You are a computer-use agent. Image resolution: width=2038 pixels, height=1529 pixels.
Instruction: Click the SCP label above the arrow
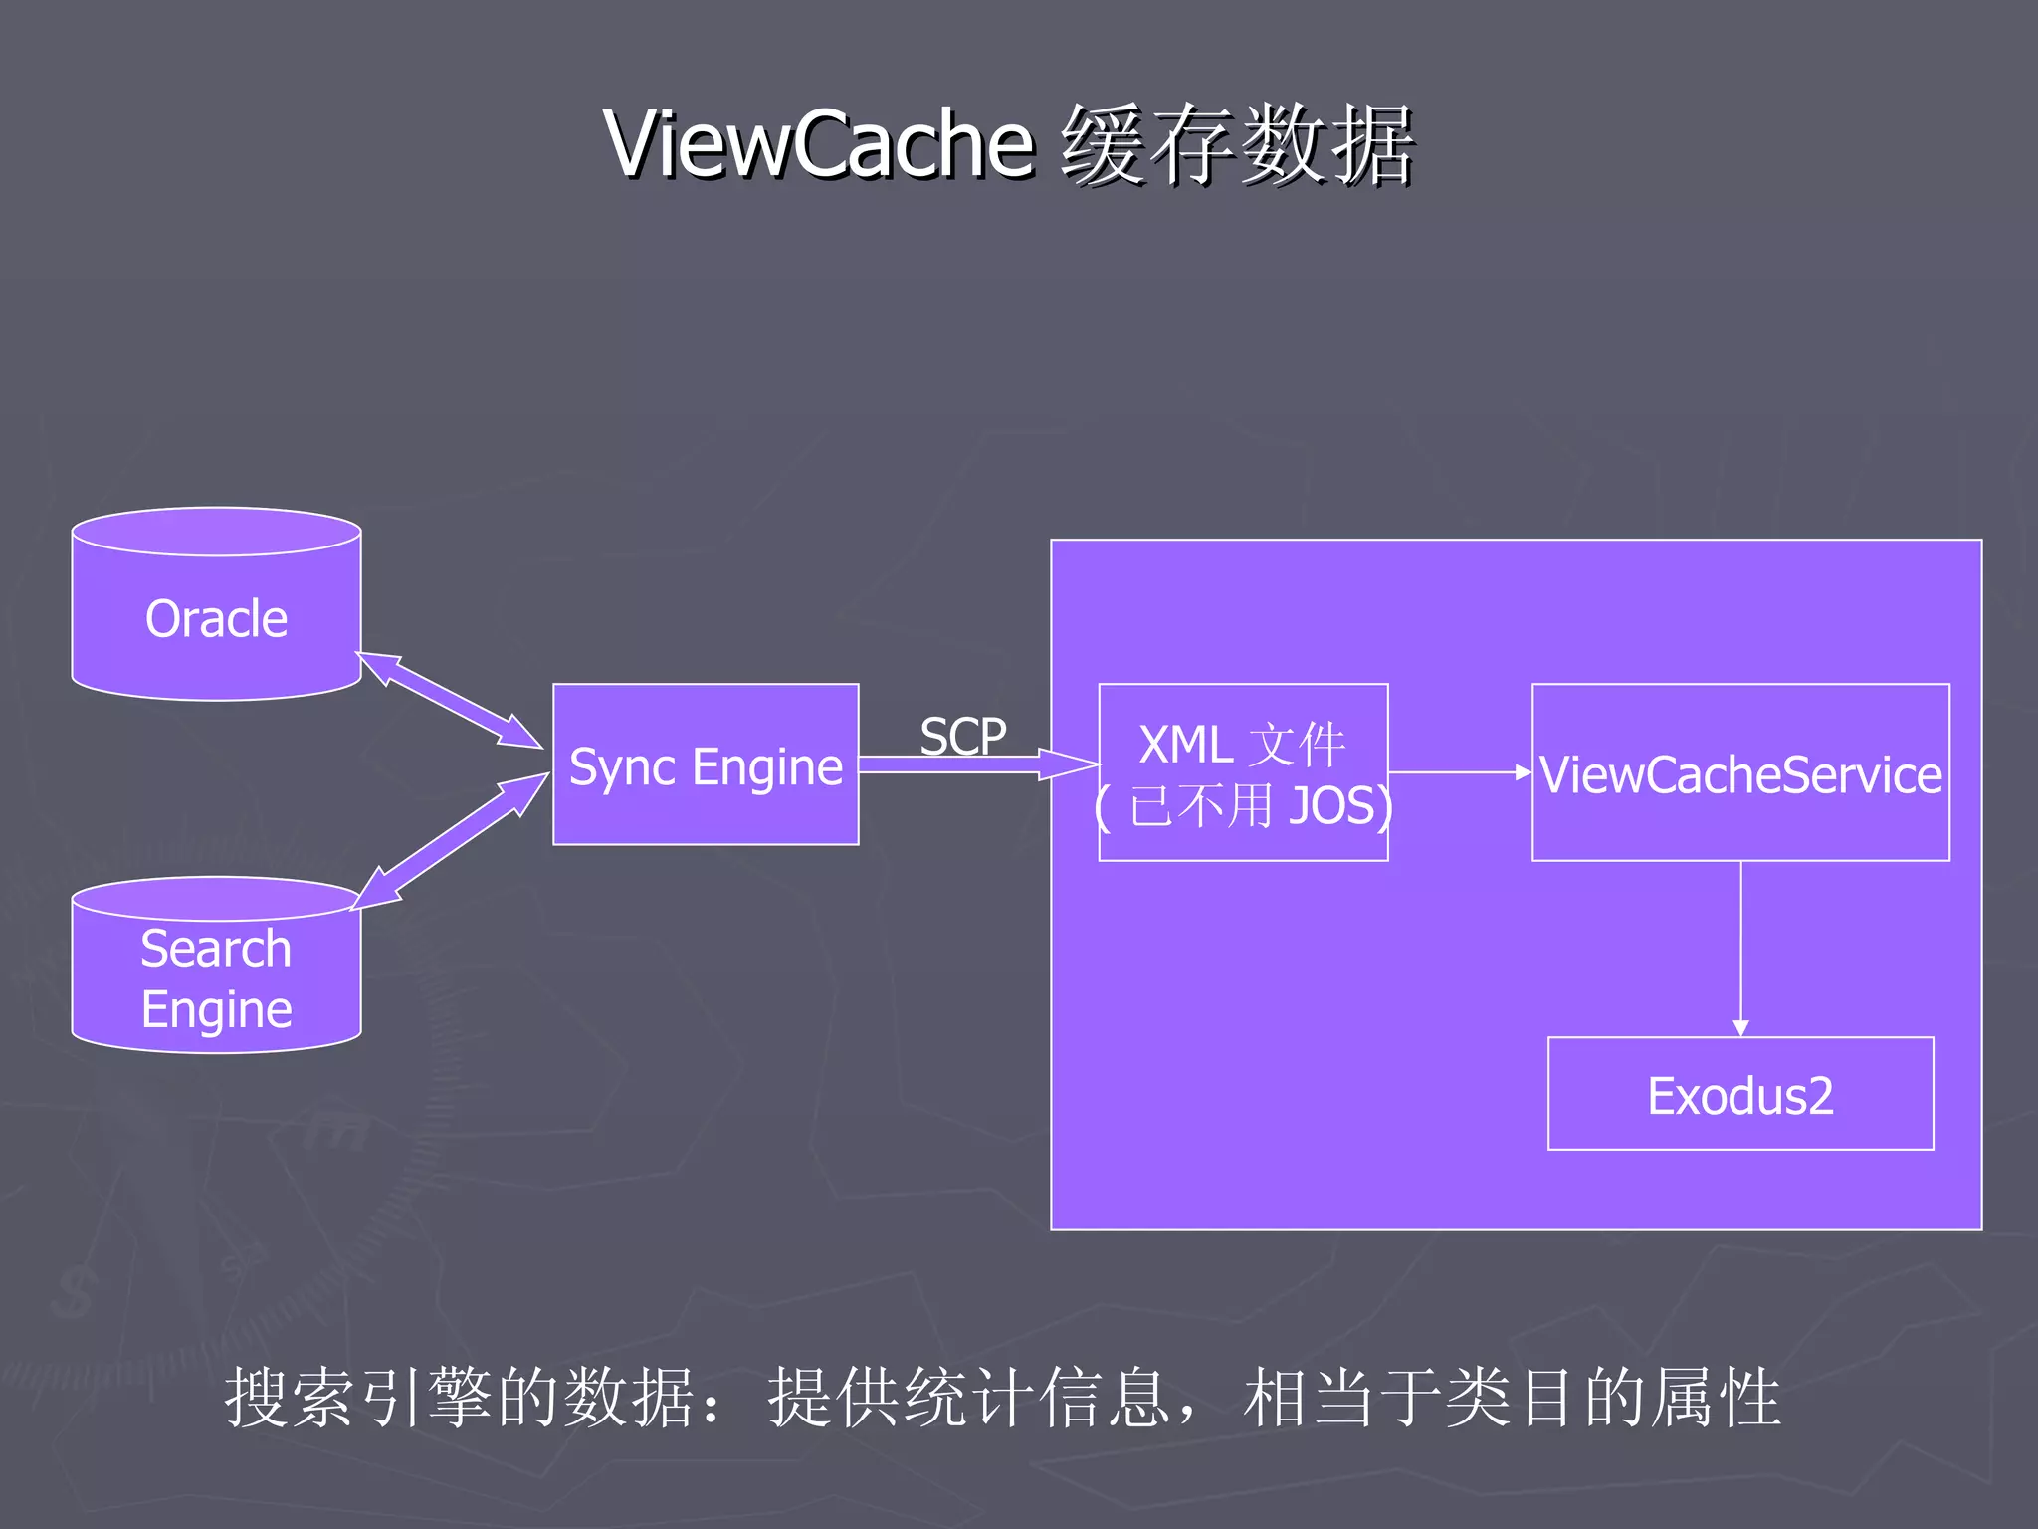point(962,737)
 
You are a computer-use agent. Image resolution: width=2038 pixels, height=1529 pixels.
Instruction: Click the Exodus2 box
point(1740,1094)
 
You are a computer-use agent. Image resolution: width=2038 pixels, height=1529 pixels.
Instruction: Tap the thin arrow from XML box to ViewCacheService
point(1459,771)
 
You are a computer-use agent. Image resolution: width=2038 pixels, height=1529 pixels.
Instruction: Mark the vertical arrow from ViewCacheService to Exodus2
point(1740,946)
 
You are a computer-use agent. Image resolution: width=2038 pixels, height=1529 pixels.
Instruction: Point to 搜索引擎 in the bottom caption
point(358,1397)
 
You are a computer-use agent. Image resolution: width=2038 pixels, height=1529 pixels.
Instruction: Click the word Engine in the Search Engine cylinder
point(216,1009)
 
